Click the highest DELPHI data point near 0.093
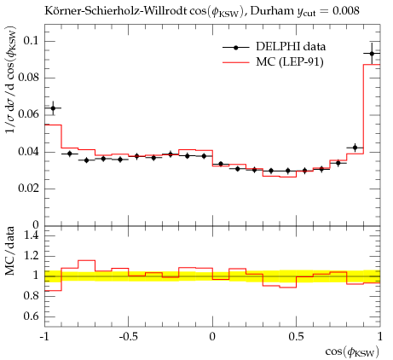(372, 54)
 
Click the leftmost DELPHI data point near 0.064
(53, 108)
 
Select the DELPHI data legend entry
(274, 47)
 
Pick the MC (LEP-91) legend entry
(273, 62)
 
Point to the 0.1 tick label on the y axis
(31, 41)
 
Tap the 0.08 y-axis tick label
(28, 78)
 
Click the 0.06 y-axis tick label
(28, 114)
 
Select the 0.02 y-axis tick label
(28, 189)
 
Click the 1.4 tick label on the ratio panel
(32, 235)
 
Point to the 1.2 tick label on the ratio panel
(32, 256)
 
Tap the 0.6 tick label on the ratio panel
(31, 316)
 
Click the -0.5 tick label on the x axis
(129, 337)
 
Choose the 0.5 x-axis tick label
(297, 337)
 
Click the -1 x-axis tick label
(44, 337)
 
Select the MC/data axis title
(10, 251)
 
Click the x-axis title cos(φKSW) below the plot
(352, 352)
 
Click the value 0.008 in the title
(346, 11)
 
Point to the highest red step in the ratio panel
(87, 260)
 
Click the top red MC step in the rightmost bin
(372, 65)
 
